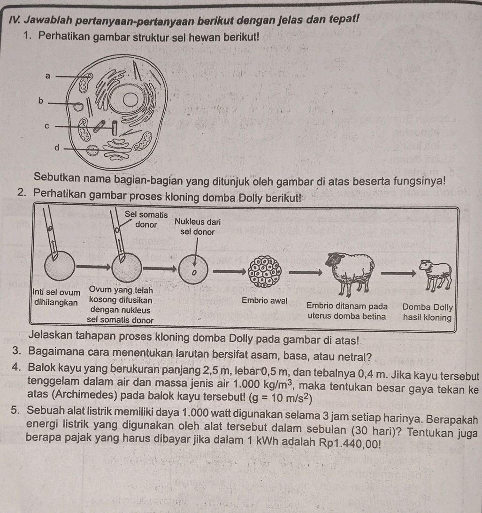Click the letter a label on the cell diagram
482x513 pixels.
tap(47, 75)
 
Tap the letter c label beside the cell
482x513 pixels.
tap(46, 126)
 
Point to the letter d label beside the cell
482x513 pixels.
tap(58, 148)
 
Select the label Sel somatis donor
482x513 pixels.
tap(146, 220)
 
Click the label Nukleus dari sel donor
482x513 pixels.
tap(197, 226)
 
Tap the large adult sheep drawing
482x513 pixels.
tap(351, 272)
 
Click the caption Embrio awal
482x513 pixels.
tap(264, 300)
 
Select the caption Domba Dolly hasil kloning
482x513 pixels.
tap(427, 312)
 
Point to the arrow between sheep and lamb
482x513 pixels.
tap(398, 272)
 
